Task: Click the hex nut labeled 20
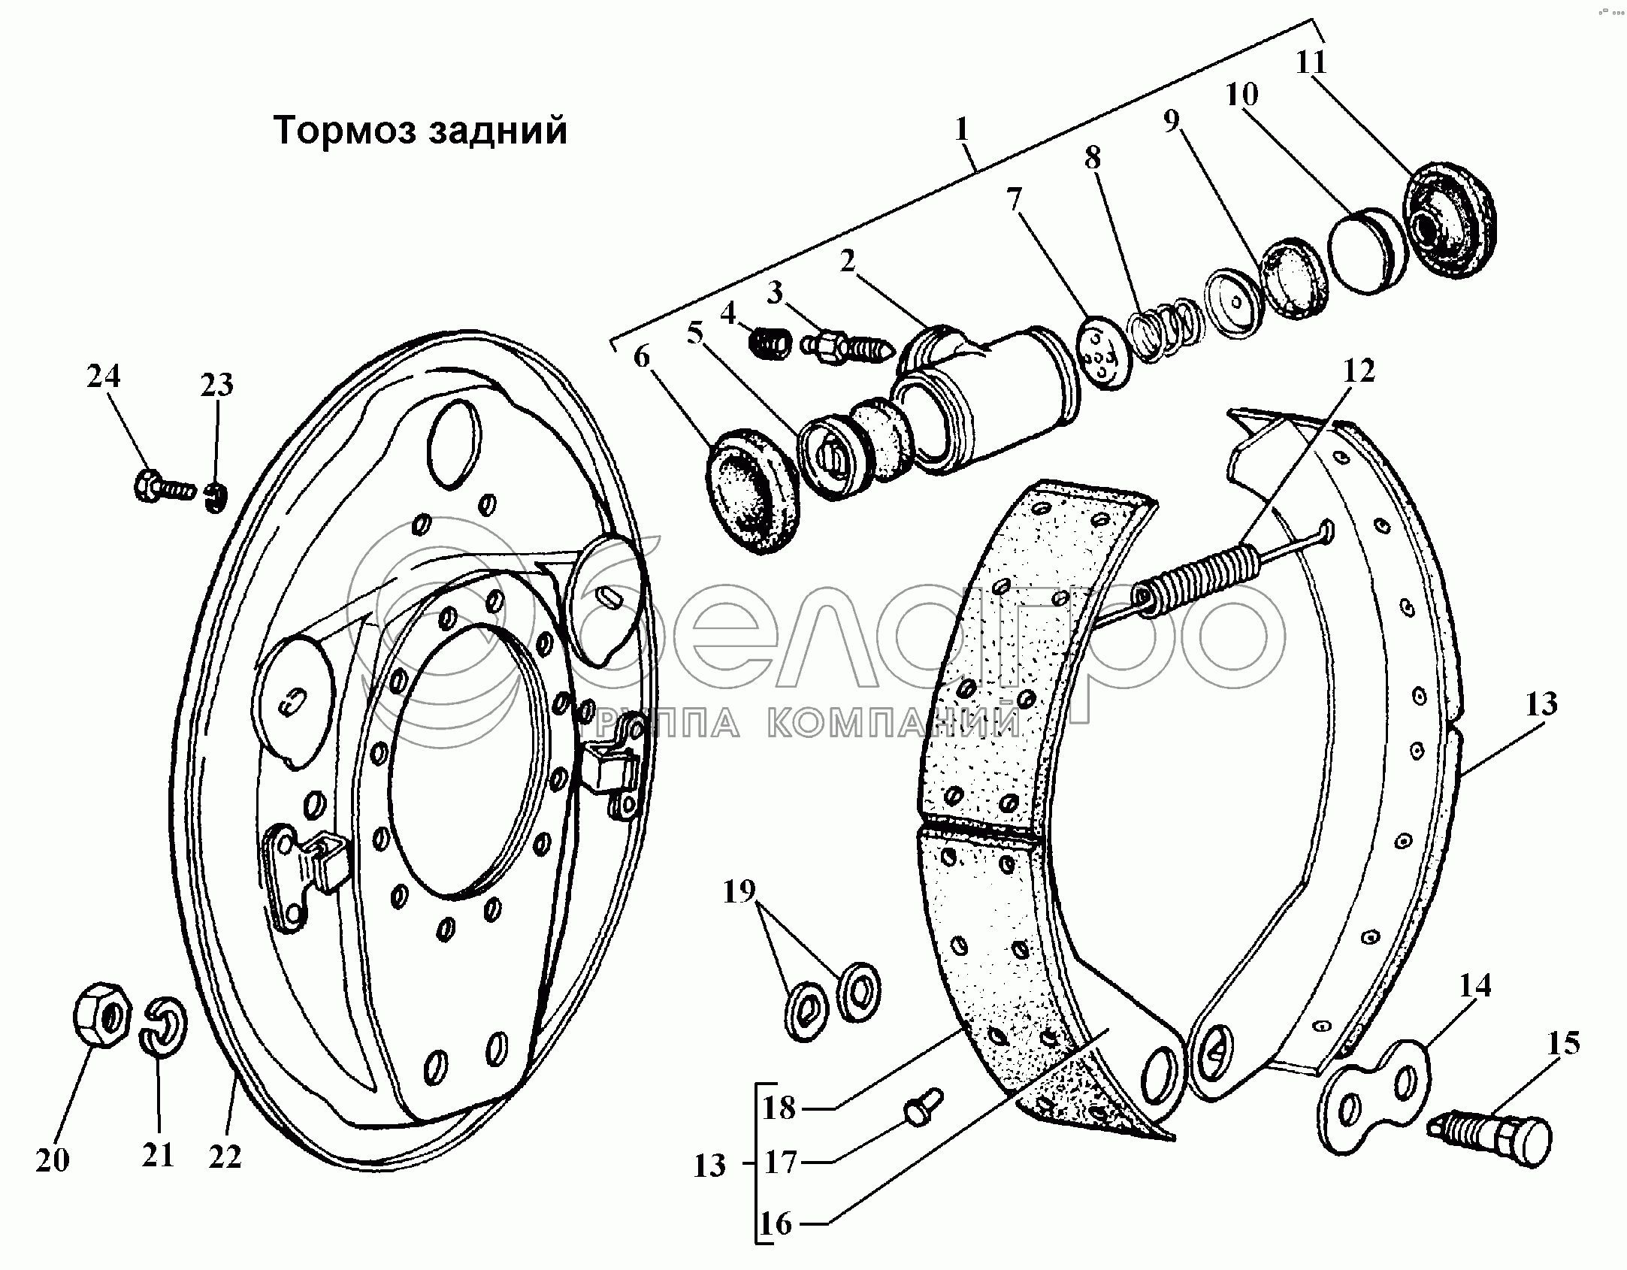pos(102,1014)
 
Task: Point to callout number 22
pos(225,1158)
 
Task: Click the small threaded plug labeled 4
pos(769,345)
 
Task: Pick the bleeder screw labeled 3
pos(847,349)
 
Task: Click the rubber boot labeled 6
pos(754,491)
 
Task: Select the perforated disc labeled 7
pos(1103,352)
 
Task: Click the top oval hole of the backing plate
pos(454,442)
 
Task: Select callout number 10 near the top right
pos(1241,95)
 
